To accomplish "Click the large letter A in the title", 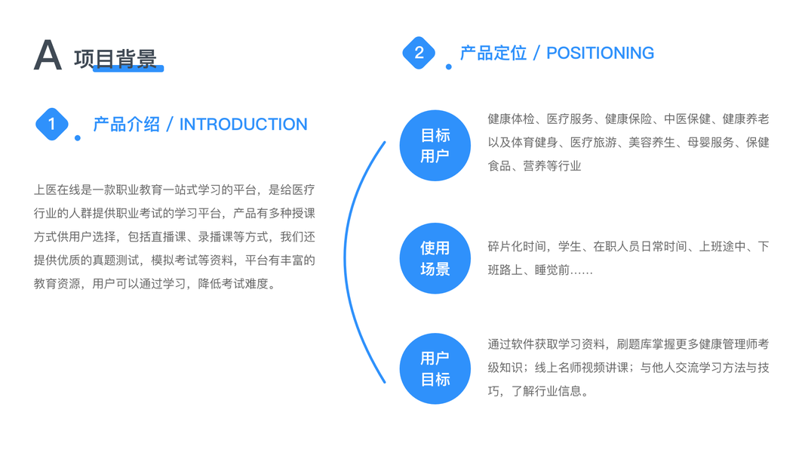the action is coord(48,55).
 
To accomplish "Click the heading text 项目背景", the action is coord(115,58).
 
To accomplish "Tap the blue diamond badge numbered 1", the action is coord(52,124).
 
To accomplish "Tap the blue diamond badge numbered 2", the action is coord(419,53).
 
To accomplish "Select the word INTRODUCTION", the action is coord(243,125).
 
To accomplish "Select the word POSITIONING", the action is coord(600,53).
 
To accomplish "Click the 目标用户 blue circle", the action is coord(435,146).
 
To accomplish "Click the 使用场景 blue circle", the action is coord(435,258).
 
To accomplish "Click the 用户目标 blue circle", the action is coord(435,368).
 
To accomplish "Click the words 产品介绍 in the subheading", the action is coord(126,125).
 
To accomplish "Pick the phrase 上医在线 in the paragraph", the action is coord(57,190).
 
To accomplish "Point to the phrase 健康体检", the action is coord(511,119).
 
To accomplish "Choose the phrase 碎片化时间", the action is coord(517,247).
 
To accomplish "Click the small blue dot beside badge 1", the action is coord(78,138).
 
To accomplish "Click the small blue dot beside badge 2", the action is coord(449,67).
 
